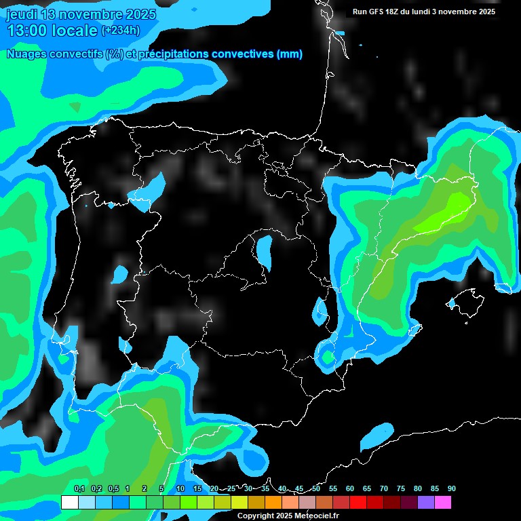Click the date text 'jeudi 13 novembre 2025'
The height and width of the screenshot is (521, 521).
coord(81,14)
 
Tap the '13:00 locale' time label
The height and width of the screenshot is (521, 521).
coord(52,30)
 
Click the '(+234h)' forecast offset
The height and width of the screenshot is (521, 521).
coord(121,30)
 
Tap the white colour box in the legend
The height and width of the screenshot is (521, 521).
coord(69,502)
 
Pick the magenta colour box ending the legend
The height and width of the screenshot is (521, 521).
coord(442,502)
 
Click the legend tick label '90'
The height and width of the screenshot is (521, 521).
coord(451,489)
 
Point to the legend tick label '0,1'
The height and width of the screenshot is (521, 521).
coord(79,489)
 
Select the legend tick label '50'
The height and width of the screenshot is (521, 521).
coord(316,489)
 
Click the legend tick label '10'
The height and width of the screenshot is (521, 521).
coord(180,489)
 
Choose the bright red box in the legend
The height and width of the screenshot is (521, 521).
coord(358,502)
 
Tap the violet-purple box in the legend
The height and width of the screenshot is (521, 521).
coord(425,502)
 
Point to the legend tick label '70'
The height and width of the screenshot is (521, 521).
coord(383,489)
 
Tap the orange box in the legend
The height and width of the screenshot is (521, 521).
coord(273,502)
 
